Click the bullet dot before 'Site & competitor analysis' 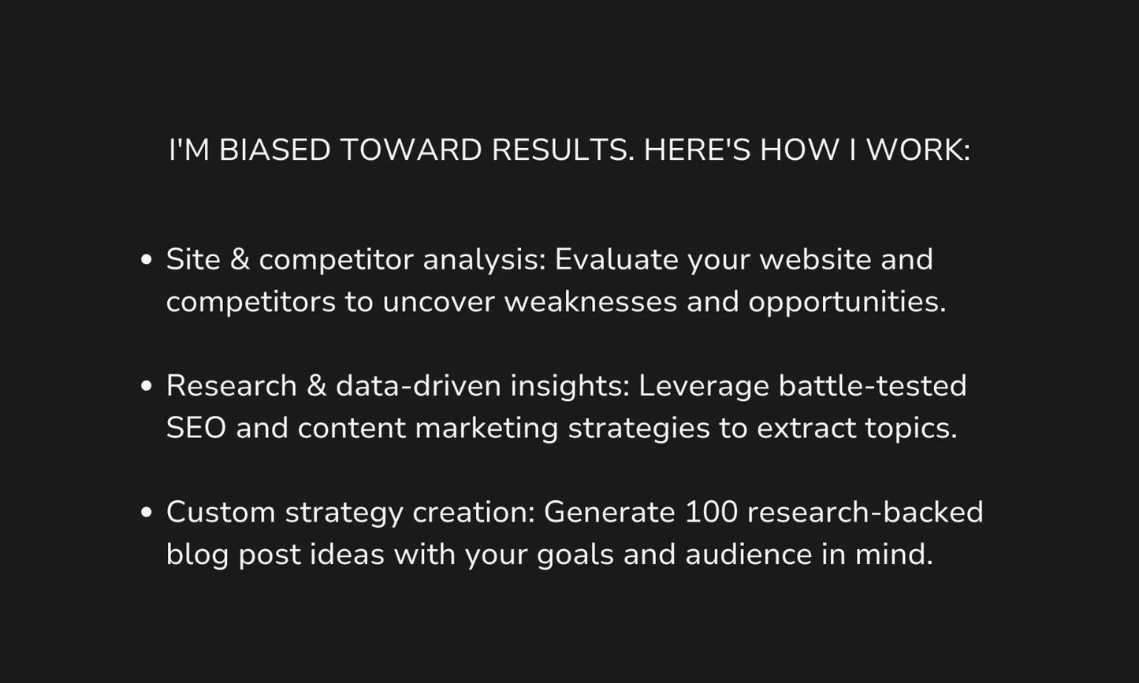(146, 260)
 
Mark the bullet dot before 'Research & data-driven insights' (146, 386)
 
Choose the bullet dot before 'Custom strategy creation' (146, 512)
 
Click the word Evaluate (616, 260)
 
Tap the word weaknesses (590, 303)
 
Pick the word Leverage (703, 387)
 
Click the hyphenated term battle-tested (873, 386)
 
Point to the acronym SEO (196, 429)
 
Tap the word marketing (486, 429)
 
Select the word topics (910, 429)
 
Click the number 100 (711, 512)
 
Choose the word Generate (609, 512)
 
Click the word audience (748, 555)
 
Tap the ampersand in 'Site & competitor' (240, 260)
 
